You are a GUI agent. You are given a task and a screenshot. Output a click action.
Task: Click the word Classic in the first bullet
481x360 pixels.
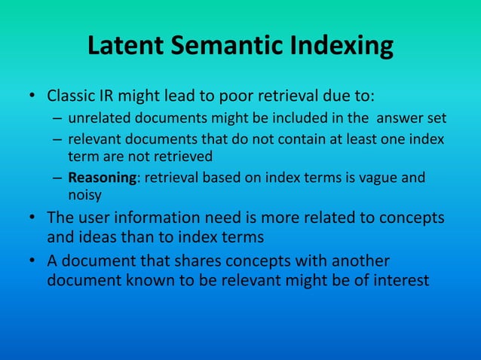[72, 97]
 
